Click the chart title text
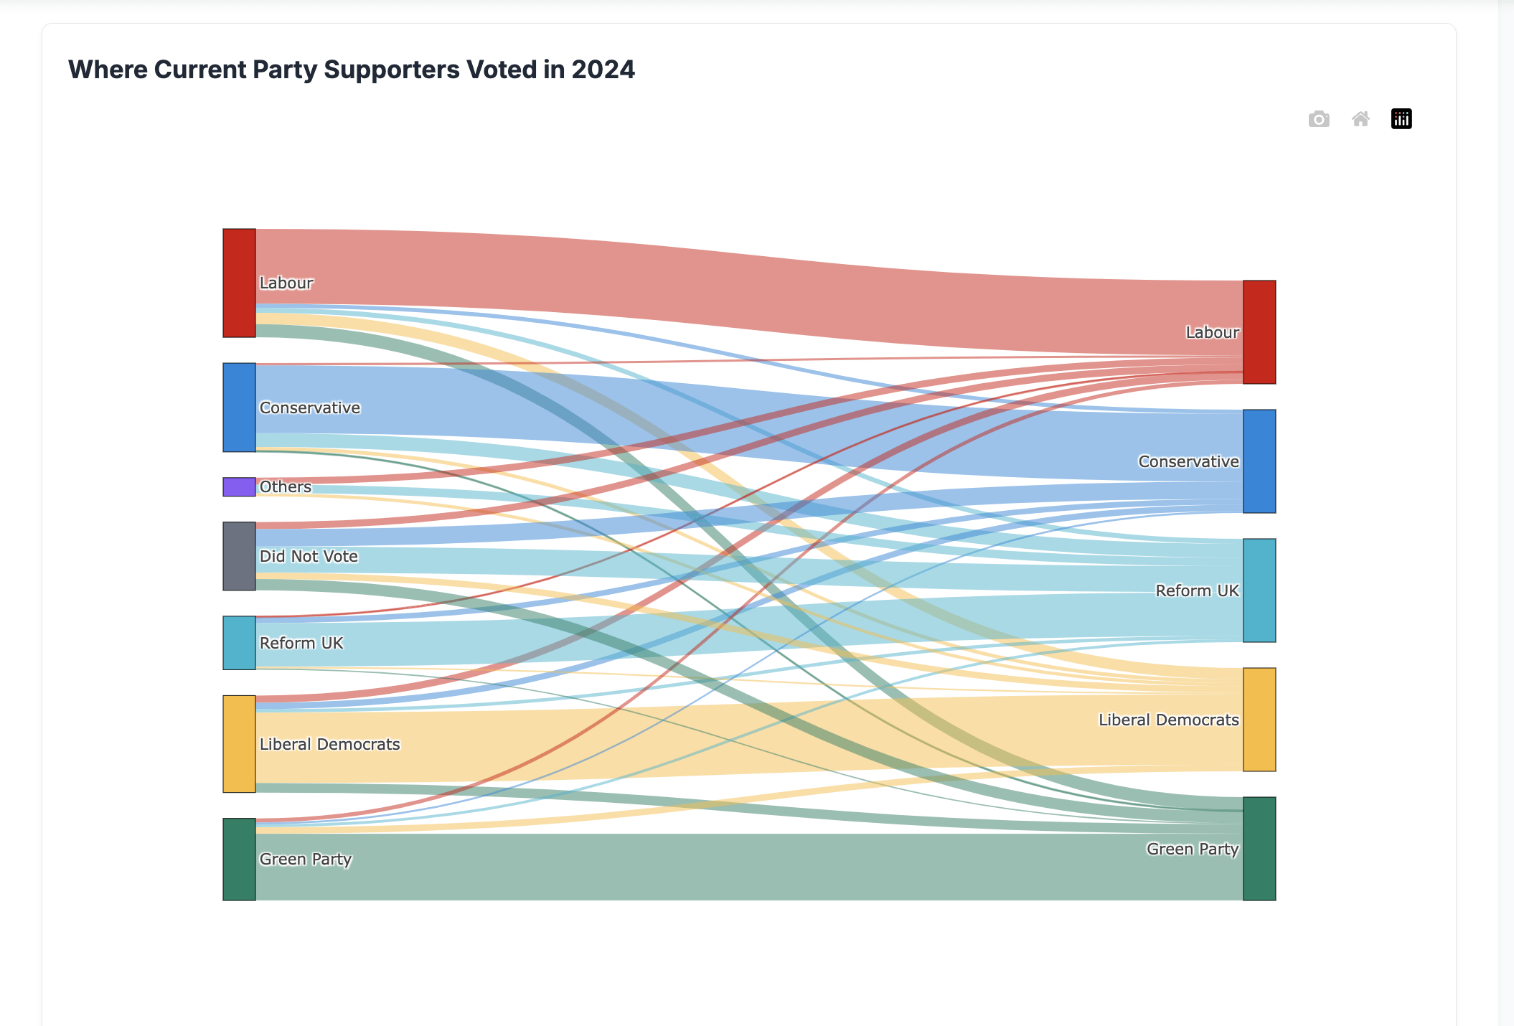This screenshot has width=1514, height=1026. coord(351,70)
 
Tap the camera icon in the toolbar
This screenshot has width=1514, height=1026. coord(1318,119)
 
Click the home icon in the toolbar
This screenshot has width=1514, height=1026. coord(1360,119)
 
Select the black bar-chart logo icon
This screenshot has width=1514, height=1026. coord(1401,119)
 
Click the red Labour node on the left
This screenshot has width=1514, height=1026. coord(239,283)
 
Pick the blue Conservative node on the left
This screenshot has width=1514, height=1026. coord(239,408)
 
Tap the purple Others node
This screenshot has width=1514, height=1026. coord(239,486)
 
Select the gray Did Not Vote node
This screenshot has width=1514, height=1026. coord(239,556)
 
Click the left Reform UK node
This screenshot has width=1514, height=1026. coord(239,643)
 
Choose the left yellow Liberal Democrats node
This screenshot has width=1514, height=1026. coord(239,744)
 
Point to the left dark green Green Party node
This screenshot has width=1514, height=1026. coord(239,859)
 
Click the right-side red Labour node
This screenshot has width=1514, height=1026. coord(1259,332)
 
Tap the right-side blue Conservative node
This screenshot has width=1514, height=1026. coord(1259,461)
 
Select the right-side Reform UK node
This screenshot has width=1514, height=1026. coord(1259,590)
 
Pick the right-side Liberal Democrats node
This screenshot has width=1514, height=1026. coord(1259,720)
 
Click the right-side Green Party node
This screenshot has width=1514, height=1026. coord(1259,849)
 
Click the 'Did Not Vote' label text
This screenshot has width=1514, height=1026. coord(309,556)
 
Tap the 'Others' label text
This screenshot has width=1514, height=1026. coord(286,486)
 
